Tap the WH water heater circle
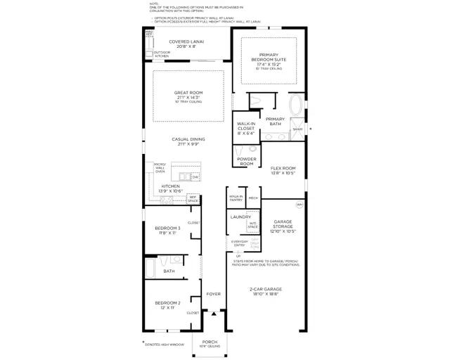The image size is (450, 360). [299, 205]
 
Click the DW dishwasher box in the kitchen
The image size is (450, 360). [195, 176]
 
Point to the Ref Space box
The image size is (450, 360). [192, 198]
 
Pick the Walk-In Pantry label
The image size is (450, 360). [236, 198]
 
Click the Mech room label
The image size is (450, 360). [253, 198]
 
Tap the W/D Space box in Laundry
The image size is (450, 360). [252, 226]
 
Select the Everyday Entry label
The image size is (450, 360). [239, 243]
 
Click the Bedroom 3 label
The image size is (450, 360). [168, 230]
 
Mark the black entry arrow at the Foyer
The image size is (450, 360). [214, 314]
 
